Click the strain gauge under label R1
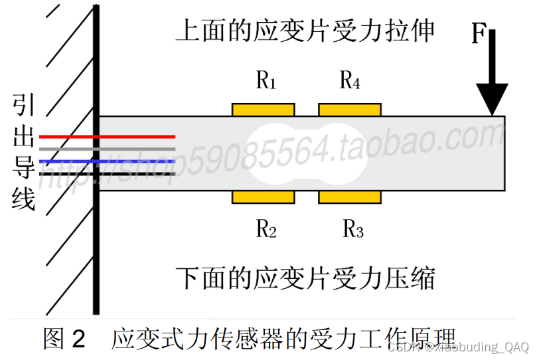(x=263, y=109)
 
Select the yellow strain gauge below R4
(x=350, y=109)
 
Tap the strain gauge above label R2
(x=263, y=197)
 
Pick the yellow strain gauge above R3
(x=350, y=197)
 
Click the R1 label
(x=266, y=82)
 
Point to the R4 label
(x=350, y=82)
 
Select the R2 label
(x=266, y=230)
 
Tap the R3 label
(x=352, y=230)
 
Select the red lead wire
(x=106, y=136)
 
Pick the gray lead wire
(x=106, y=149)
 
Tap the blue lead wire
(x=106, y=161)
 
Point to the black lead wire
(x=106, y=174)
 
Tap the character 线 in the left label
(x=24, y=199)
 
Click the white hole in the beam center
(x=307, y=153)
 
